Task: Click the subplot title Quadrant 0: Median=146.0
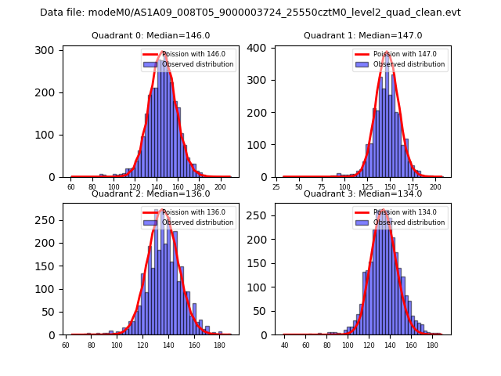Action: point(150,36)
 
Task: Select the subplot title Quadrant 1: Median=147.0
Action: point(362,36)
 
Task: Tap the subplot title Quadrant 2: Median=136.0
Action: point(150,193)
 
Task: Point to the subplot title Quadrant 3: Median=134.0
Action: point(362,193)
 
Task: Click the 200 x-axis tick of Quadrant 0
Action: point(220,187)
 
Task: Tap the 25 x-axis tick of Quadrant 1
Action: point(276,187)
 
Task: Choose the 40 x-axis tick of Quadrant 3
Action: point(285,345)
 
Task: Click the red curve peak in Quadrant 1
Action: point(387,52)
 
